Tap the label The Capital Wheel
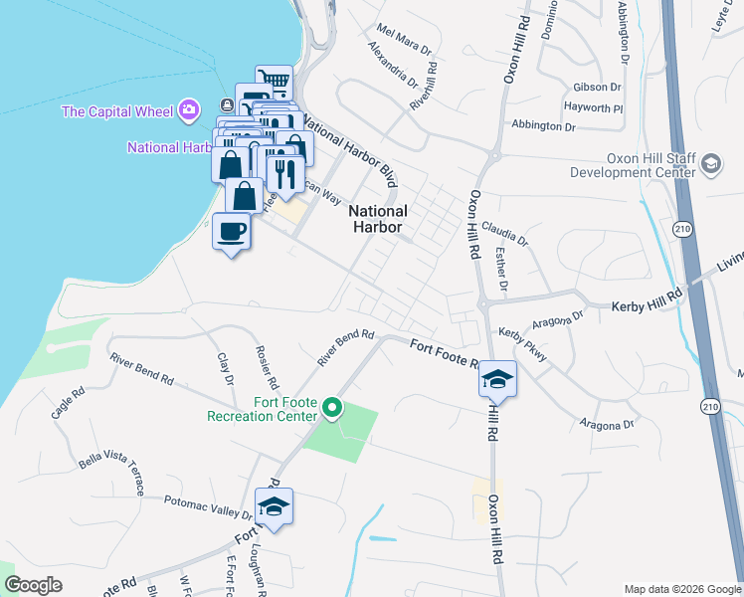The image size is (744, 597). (117, 111)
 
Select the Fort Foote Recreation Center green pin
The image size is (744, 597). (333, 407)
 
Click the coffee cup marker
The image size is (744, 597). (232, 233)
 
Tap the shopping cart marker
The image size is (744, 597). (274, 82)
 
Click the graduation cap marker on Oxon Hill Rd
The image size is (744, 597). (497, 379)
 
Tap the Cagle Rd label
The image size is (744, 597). (68, 405)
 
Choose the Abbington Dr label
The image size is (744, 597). (544, 126)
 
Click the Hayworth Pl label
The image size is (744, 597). (593, 107)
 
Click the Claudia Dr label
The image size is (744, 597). (504, 233)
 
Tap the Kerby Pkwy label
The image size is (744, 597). (523, 343)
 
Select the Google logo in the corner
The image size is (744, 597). (33, 584)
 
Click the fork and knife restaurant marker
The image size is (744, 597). (286, 172)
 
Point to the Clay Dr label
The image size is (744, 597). (226, 367)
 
